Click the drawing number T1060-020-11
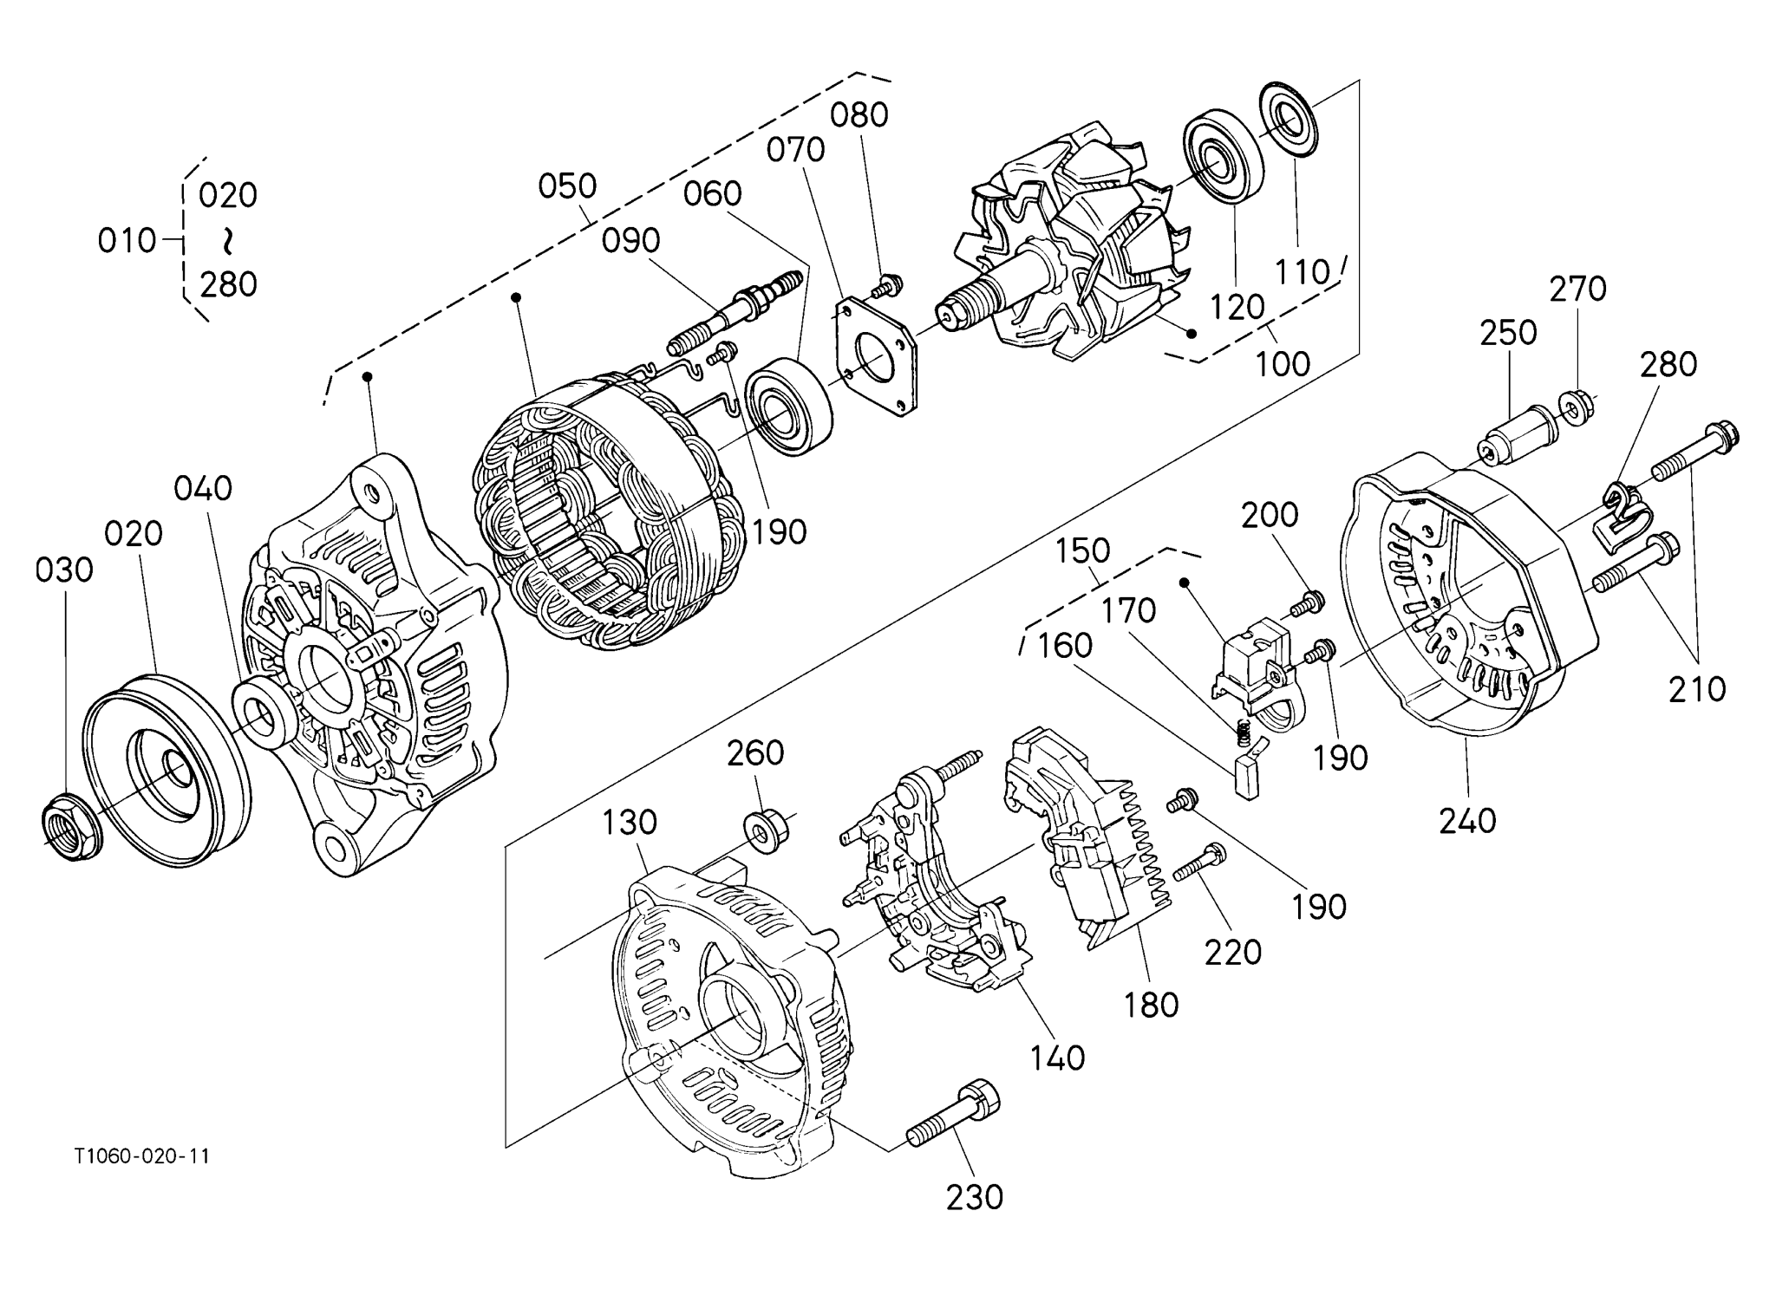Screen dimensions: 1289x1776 pyautogui.click(x=141, y=1156)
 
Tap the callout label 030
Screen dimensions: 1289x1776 pyautogui.click(x=64, y=570)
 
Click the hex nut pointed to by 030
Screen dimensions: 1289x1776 pyautogui.click(x=72, y=827)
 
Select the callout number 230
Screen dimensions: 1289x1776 pyautogui.click(x=975, y=1197)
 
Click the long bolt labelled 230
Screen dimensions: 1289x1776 pyautogui.click(x=953, y=1118)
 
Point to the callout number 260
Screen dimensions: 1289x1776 pyautogui.click(x=755, y=753)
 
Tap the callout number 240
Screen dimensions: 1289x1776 pyautogui.click(x=1468, y=820)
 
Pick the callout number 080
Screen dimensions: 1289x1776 pyautogui.click(x=859, y=115)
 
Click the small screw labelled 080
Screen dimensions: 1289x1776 pyautogui.click(x=888, y=283)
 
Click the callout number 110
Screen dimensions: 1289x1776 pyautogui.click(x=1302, y=272)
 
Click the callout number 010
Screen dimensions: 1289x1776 pyautogui.click(x=127, y=241)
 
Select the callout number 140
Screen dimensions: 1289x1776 pyautogui.click(x=1058, y=1058)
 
